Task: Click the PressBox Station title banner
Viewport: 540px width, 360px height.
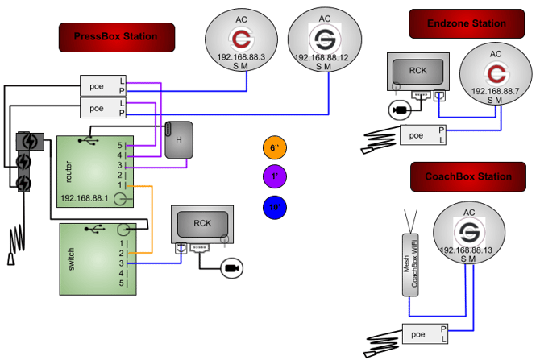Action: point(117,37)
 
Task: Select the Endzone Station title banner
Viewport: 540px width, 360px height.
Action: point(467,23)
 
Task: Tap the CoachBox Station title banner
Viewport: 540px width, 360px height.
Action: point(468,177)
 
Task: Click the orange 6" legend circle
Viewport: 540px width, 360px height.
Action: point(275,147)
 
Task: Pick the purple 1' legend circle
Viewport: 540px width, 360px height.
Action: point(275,176)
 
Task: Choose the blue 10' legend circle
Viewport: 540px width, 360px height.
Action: point(275,207)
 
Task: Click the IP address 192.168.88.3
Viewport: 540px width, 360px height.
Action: point(241,57)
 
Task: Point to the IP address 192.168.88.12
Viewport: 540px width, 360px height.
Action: point(322,58)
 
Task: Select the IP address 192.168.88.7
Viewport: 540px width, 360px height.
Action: point(495,91)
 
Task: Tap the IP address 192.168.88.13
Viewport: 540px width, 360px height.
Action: point(466,250)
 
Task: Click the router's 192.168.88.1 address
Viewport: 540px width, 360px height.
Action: point(85,198)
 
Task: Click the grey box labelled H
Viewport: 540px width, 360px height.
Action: point(179,140)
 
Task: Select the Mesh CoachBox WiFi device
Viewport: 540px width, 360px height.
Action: point(410,265)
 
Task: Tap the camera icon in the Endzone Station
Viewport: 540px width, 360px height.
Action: point(400,110)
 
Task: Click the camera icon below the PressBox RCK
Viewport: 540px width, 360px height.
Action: point(232,268)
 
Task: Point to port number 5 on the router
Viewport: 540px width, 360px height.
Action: point(120,145)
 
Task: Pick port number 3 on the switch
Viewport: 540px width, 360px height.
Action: point(121,263)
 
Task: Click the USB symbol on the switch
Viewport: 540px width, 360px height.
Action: point(95,228)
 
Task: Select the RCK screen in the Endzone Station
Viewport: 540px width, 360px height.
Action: point(417,72)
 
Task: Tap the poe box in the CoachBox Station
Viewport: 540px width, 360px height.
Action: point(425,334)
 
